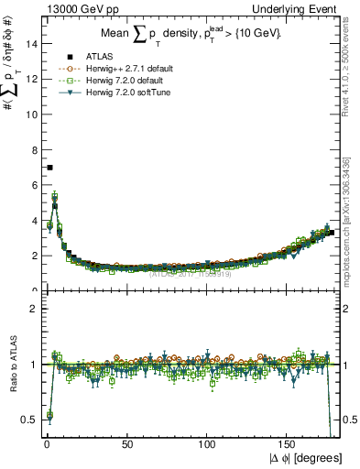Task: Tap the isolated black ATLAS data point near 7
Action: tap(49, 167)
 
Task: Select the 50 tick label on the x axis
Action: tap(127, 444)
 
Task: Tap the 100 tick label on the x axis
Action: tap(208, 444)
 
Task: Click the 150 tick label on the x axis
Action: tap(289, 444)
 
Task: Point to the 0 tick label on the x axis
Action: tap(47, 444)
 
